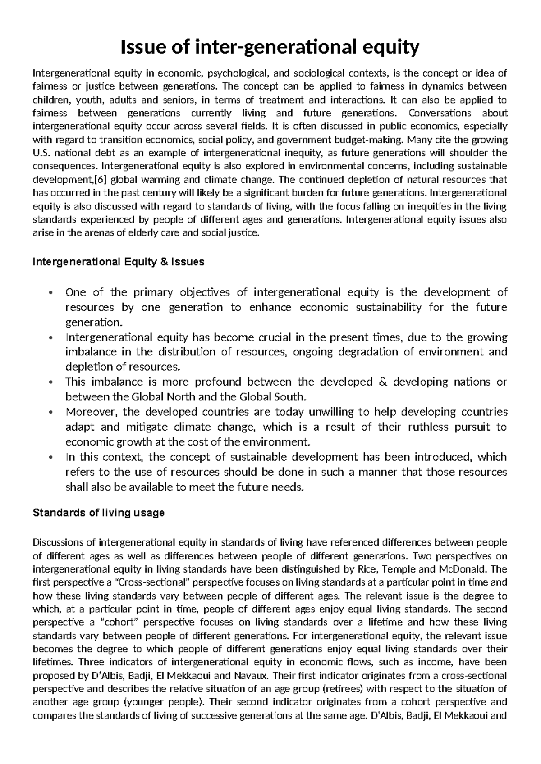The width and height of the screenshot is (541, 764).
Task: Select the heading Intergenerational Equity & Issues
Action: tap(119, 262)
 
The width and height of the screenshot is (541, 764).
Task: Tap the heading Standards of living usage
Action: tap(99, 513)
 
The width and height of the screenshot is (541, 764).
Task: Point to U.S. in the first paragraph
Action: tap(40, 153)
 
